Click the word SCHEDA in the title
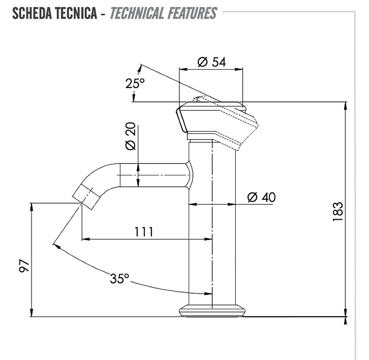tap(32, 13)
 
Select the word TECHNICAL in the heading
tap(137, 13)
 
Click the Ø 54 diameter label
tap(212, 62)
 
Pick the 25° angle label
tap(135, 83)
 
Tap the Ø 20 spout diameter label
tap(131, 136)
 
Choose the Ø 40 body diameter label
tap(262, 197)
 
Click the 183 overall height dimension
tap(338, 211)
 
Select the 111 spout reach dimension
tap(144, 232)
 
